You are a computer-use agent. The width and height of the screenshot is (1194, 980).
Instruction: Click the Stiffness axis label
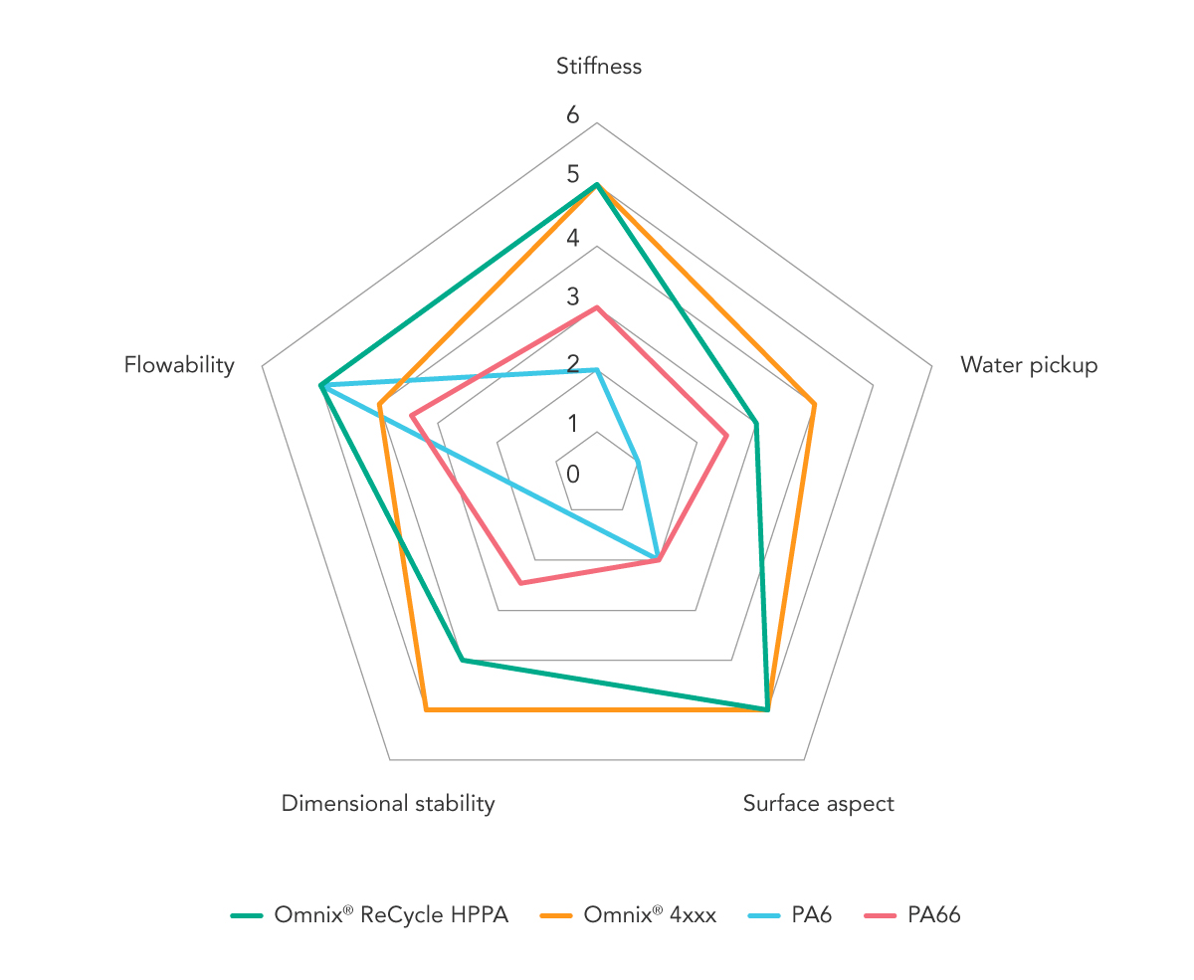point(599,67)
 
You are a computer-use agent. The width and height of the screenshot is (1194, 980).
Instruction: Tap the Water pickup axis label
point(1029,365)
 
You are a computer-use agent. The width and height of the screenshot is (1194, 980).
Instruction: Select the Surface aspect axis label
point(818,803)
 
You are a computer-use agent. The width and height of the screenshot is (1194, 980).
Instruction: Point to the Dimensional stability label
point(388,803)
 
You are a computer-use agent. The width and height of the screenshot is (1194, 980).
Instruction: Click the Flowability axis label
point(179,365)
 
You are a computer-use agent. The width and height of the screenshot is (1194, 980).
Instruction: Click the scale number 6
point(572,114)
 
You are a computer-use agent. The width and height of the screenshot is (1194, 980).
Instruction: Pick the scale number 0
point(572,474)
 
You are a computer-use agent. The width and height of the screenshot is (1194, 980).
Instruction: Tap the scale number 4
point(572,238)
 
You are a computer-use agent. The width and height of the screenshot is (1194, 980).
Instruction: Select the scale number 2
point(572,363)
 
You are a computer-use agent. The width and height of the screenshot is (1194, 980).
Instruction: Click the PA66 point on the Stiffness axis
point(597,307)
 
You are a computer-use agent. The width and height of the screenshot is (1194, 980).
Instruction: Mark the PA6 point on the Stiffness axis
point(597,369)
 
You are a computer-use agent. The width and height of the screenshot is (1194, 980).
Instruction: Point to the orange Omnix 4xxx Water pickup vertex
point(815,405)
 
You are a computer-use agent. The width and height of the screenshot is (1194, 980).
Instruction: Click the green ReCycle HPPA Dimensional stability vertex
point(463,660)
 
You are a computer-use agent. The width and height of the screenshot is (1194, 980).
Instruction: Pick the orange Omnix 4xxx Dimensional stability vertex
point(426,709)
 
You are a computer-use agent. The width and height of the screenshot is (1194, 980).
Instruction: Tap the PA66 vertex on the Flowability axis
point(412,415)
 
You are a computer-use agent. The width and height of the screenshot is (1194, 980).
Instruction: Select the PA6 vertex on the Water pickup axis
point(637,461)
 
